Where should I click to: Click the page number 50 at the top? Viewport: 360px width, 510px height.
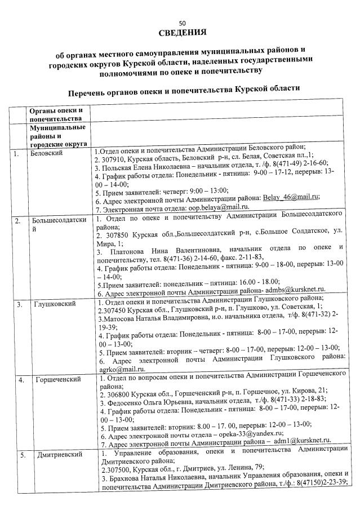(181, 24)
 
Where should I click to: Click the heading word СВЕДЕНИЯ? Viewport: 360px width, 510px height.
(181, 32)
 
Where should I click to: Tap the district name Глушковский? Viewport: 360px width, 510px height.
(52, 305)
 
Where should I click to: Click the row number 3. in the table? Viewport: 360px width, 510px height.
(19, 305)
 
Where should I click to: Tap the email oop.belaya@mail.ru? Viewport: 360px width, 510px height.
(202, 207)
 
